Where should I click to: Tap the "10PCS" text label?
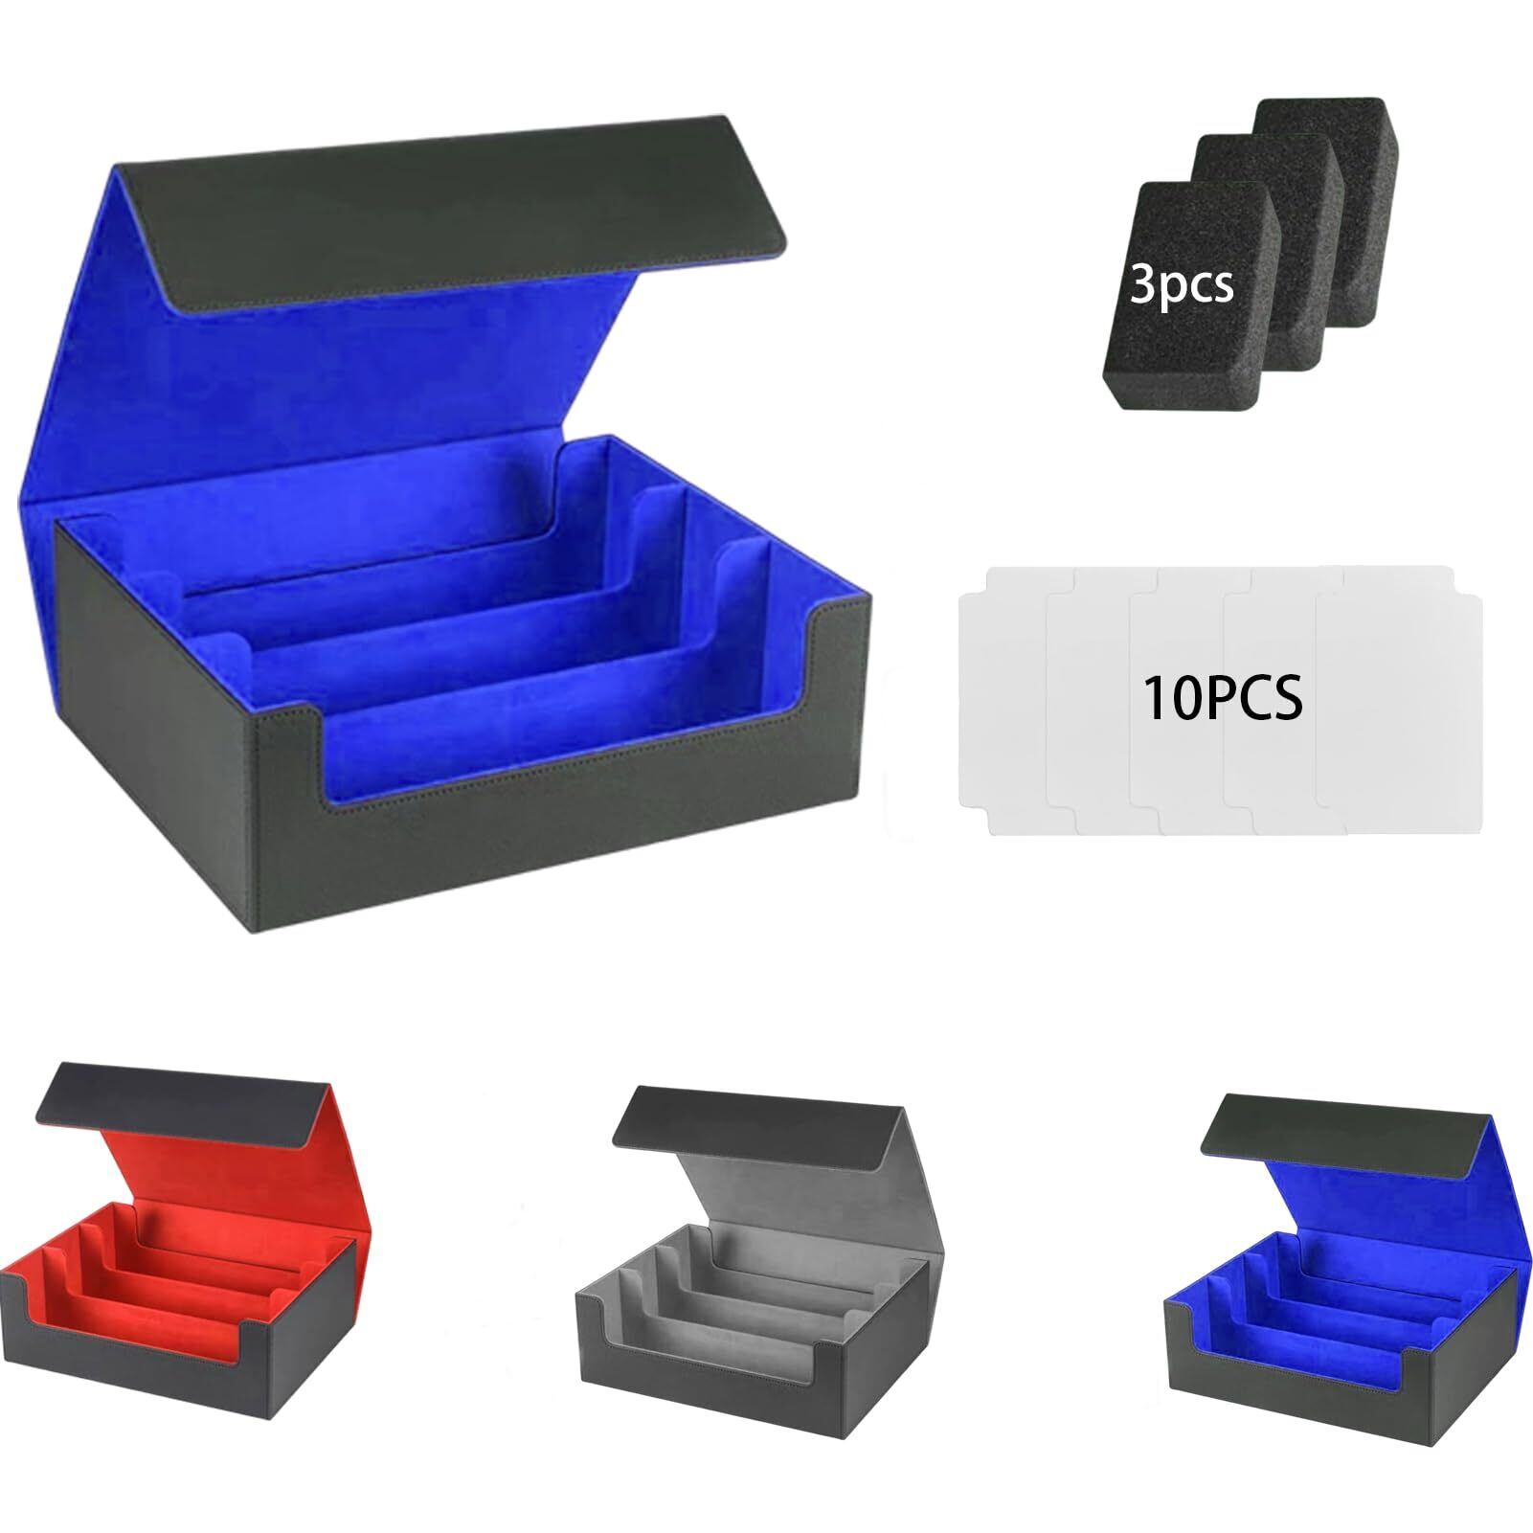tap(1222, 697)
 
